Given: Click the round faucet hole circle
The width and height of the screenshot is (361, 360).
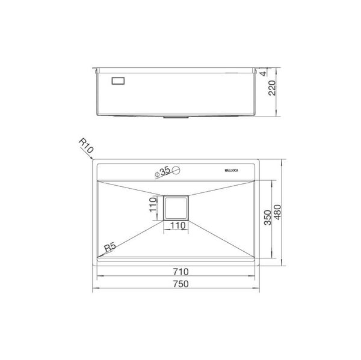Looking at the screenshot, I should click(x=176, y=171).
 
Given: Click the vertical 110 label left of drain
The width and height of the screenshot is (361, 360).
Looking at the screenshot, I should click(x=153, y=209).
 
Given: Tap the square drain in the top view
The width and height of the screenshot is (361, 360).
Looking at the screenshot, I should click(x=176, y=208).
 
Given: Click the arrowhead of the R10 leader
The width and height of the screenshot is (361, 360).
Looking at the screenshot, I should click(x=91, y=160).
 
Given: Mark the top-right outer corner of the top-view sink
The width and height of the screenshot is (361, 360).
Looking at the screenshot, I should click(x=259, y=160).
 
